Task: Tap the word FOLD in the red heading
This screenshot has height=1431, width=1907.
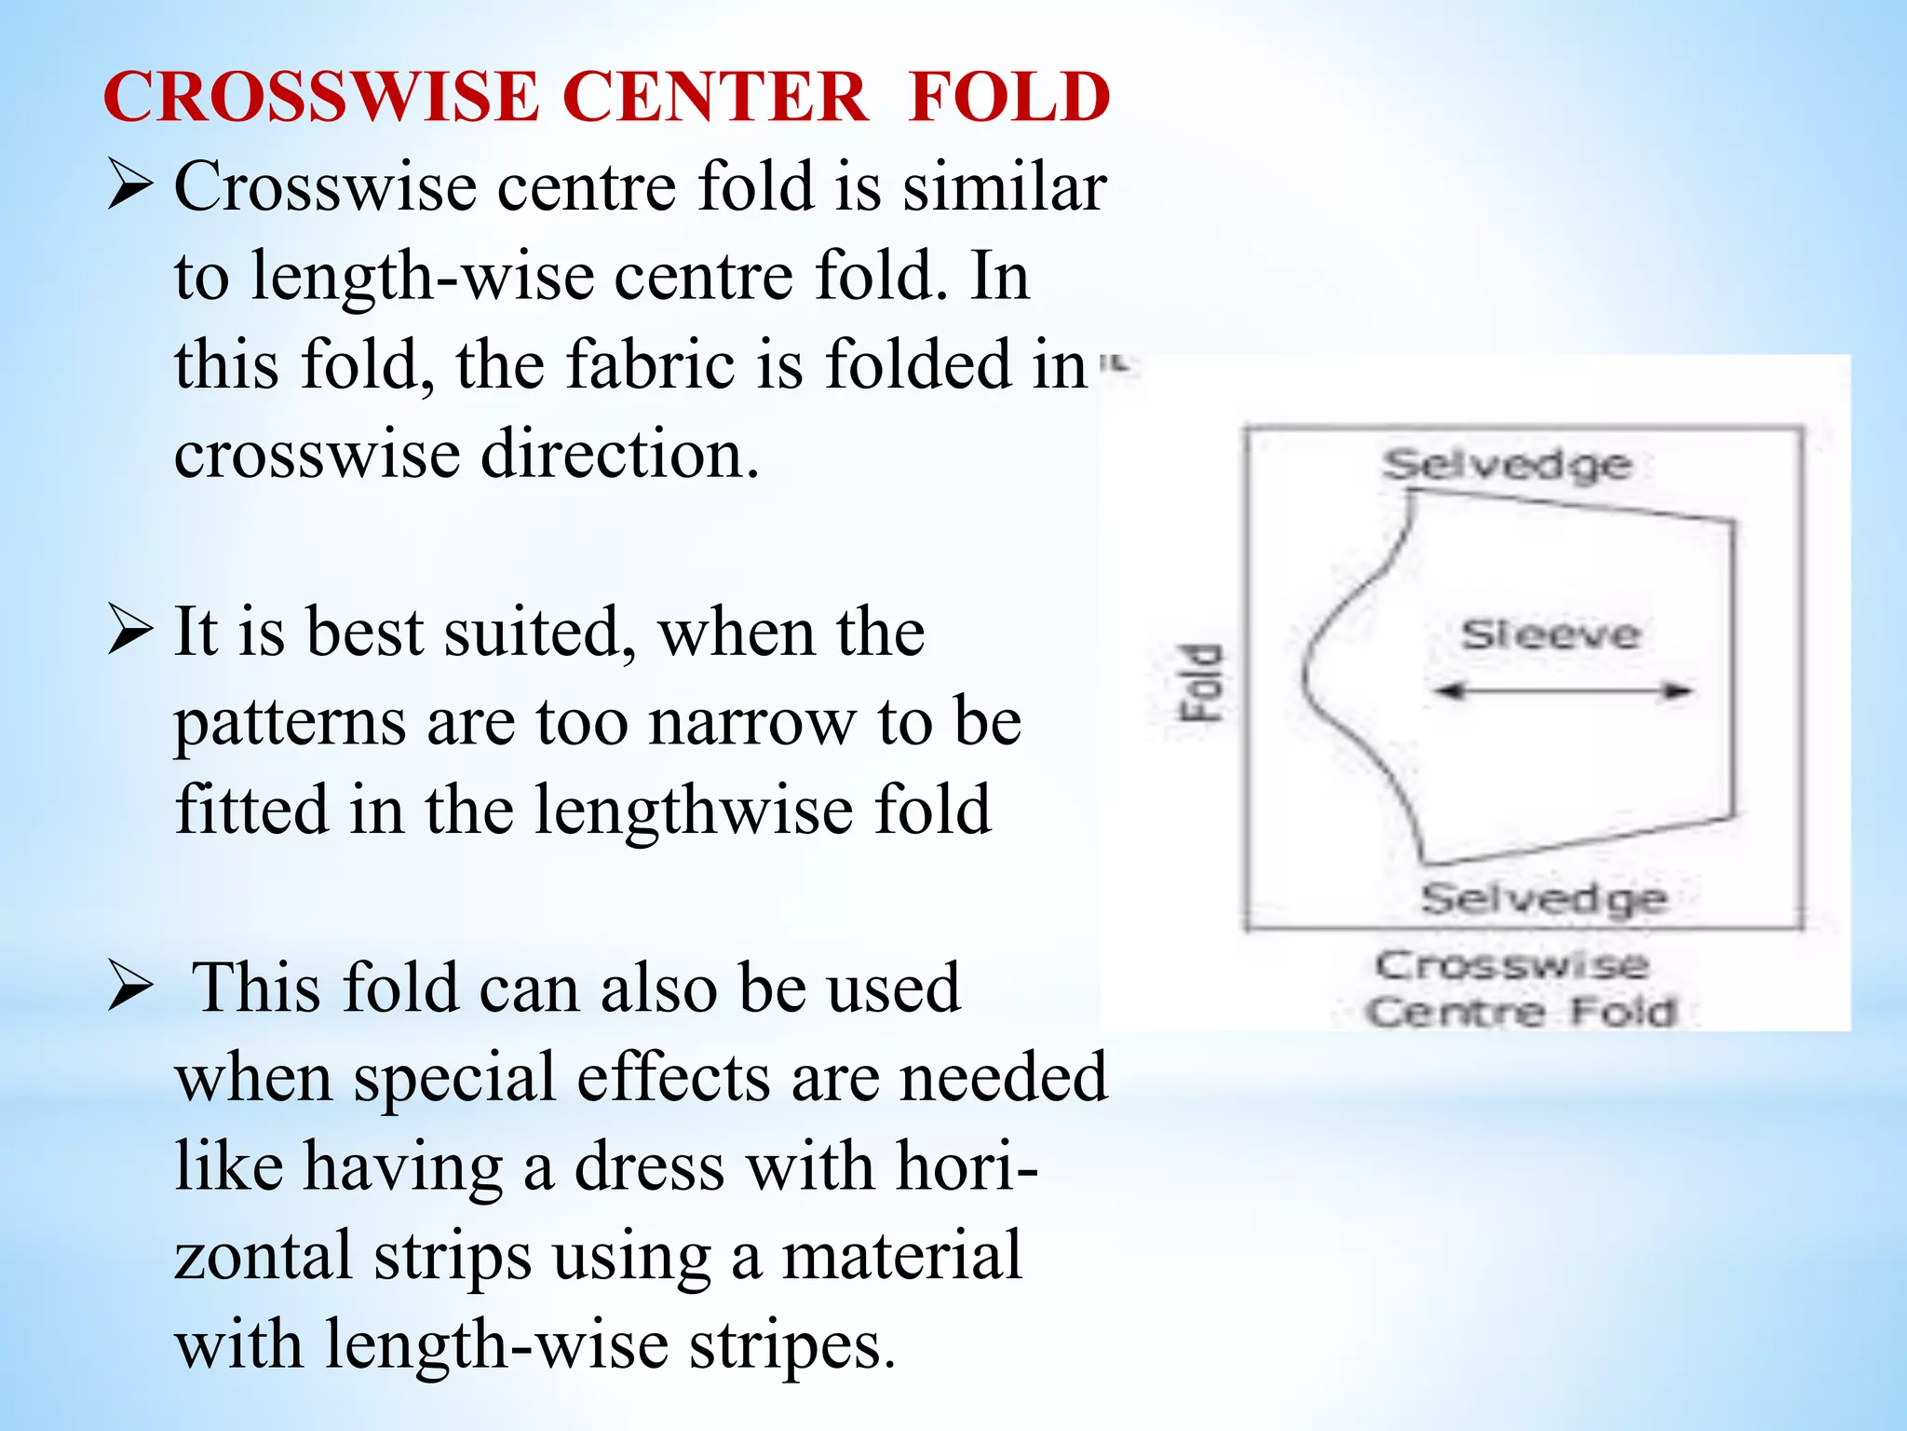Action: (x=1009, y=97)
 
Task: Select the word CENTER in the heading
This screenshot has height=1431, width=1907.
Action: (x=715, y=97)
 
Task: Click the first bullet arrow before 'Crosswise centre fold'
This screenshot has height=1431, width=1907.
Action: (x=129, y=184)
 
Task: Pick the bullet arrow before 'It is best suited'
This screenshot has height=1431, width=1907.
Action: (x=129, y=630)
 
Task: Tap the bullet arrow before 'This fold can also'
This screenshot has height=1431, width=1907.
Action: (x=129, y=987)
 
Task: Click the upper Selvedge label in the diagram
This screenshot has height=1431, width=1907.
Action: (x=1506, y=464)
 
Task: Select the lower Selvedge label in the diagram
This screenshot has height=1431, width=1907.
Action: (x=1543, y=898)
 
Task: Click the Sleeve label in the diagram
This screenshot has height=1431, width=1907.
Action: (x=1550, y=634)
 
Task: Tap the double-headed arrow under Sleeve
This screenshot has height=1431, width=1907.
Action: (x=1562, y=691)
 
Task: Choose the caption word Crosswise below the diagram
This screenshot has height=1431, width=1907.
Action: (x=1512, y=965)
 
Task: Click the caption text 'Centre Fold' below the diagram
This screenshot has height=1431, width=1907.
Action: (x=1522, y=1012)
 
